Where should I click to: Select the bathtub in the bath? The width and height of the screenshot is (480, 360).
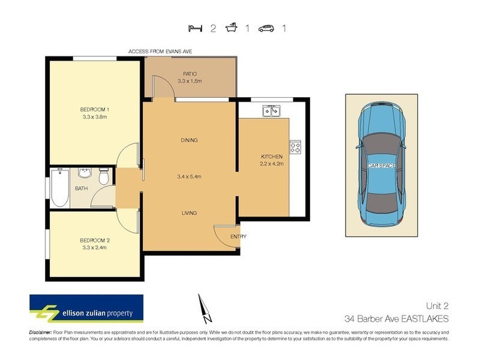pyautogui.click(x=59, y=188)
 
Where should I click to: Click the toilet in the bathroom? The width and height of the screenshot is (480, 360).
pyautogui.click(x=103, y=177)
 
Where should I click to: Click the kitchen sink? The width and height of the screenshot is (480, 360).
pyautogui.click(x=271, y=111)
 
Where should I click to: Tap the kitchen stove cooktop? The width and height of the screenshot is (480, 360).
pyautogui.click(x=295, y=146)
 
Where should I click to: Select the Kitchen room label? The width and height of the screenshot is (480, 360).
pyautogui.click(x=271, y=157)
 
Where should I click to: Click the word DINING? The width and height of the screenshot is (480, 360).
pyautogui.click(x=189, y=140)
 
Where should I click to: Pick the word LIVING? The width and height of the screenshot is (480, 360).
pyautogui.click(x=189, y=213)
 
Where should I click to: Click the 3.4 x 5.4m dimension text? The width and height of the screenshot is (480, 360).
pyautogui.click(x=189, y=176)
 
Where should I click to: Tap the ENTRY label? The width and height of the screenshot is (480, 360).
pyautogui.click(x=238, y=236)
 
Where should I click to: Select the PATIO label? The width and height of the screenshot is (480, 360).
pyautogui.click(x=190, y=74)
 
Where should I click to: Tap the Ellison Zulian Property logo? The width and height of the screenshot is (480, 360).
pyautogui.click(x=86, y=309)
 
